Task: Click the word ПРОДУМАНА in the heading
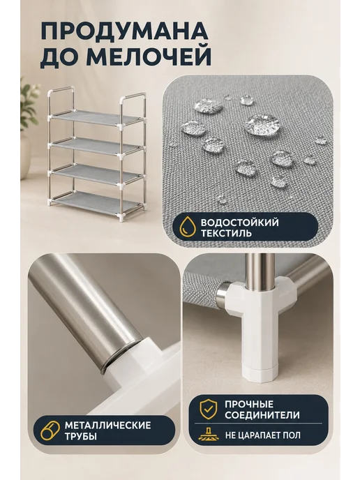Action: coord(125,31)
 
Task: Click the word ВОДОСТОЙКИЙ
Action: coord(240,223)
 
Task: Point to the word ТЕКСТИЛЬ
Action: coord(226,233)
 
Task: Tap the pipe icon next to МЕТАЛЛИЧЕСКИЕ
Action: coord(50,430)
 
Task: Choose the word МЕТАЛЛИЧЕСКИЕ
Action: coord(107,425)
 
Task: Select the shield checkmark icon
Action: coord(209,409)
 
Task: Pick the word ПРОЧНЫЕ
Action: coord(249,404)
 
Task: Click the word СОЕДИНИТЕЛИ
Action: coord(262,415)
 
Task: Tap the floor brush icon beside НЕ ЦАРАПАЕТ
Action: coord(209,434)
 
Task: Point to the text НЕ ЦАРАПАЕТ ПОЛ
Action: coord(263,435)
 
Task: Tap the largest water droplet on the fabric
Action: coord(262,123)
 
